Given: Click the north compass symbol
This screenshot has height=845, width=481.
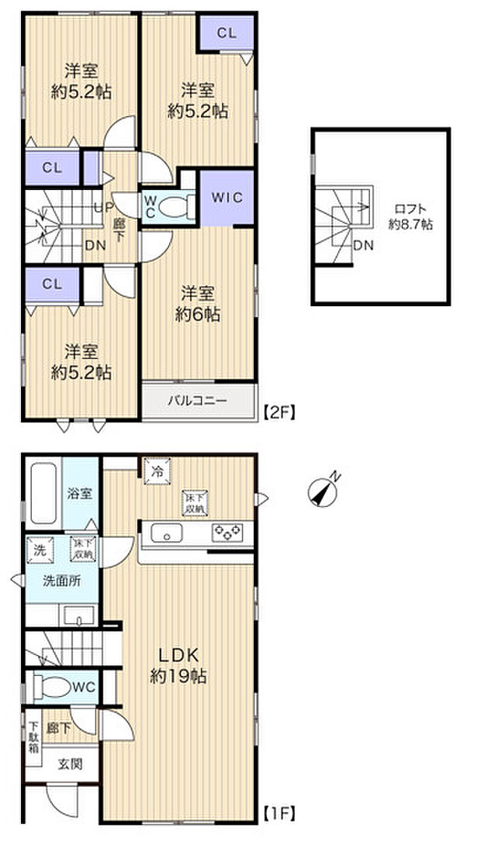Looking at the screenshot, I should tap(324, 491).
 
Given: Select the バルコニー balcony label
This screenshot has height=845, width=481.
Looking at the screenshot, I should tap(199, 402).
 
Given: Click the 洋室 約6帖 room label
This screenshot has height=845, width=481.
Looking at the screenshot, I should tap(199, 304).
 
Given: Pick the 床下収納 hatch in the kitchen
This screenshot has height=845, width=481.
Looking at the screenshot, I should tap(194, 503).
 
